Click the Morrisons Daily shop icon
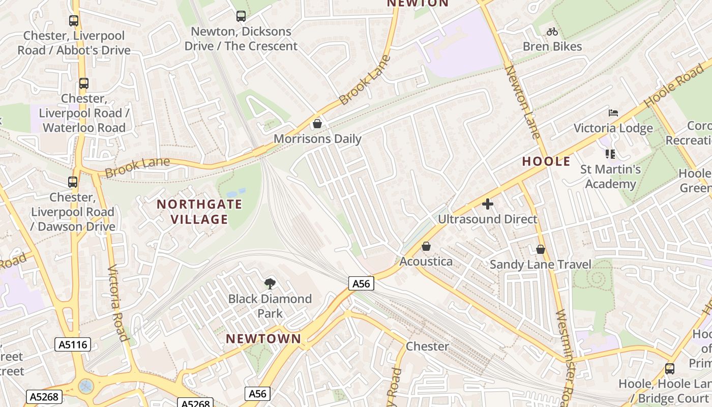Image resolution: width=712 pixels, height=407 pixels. pos(317,124)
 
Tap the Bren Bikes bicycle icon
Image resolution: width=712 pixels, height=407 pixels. pos(552,32)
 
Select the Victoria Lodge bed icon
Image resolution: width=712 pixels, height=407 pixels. pos(613,113)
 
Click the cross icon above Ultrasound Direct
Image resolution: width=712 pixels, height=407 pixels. pos(488,204)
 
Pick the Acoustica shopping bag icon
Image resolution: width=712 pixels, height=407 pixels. pos(426,246)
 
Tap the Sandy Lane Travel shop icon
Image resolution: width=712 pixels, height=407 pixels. pos(541,249)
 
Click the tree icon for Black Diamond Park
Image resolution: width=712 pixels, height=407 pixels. pos(270,283)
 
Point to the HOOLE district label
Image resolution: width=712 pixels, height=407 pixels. pos(546,162)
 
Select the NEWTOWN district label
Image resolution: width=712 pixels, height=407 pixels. pos(263,339)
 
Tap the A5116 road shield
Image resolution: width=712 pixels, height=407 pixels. pos(73,344)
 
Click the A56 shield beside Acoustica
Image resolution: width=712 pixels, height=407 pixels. pos(362,283)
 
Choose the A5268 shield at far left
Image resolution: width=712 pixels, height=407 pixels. pos(44,396)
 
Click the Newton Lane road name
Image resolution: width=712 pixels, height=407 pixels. pos(522,102)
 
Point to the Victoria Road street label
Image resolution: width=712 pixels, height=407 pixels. pos(117,303)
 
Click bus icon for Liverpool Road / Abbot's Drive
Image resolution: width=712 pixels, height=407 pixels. pos(74,21)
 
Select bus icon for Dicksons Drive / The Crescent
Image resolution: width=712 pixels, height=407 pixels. pos(241,16)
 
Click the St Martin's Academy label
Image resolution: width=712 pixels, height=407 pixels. pos(610,176)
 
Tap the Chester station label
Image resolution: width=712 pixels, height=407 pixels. pos(427,346)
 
